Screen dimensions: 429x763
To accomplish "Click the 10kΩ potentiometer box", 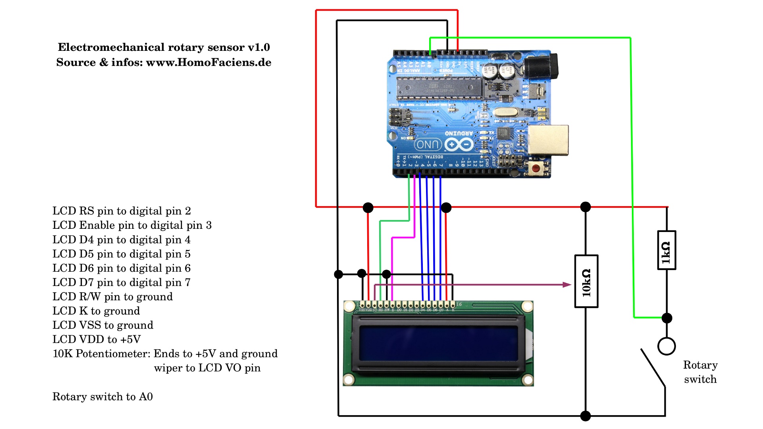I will [586, 281].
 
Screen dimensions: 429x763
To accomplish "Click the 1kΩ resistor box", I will [666, 250].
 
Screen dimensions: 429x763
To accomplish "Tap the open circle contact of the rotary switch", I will [666, 346].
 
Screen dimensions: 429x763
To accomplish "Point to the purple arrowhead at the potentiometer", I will [567, 284].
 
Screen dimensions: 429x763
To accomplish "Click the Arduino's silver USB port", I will [548, 140].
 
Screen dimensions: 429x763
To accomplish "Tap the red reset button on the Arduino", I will [536, 168].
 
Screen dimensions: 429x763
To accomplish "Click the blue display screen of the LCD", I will [438, 344].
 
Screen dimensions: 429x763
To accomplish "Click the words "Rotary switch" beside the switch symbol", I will [700, 372].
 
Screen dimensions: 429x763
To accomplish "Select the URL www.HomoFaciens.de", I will [209, 62].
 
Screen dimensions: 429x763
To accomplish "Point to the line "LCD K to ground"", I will [96, 311].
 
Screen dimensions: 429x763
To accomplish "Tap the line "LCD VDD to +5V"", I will [97, 339].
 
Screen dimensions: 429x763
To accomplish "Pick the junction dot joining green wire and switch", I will [667, 318].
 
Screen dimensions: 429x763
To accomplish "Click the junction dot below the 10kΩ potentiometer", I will [585, 416].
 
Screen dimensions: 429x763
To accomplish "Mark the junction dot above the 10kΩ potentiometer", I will [585, 207].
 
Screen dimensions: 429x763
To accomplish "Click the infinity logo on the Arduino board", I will [459, 145].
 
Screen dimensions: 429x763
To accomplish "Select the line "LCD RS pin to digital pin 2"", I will [122, 211].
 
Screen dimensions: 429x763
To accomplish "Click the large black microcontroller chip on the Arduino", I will [439, 88].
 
